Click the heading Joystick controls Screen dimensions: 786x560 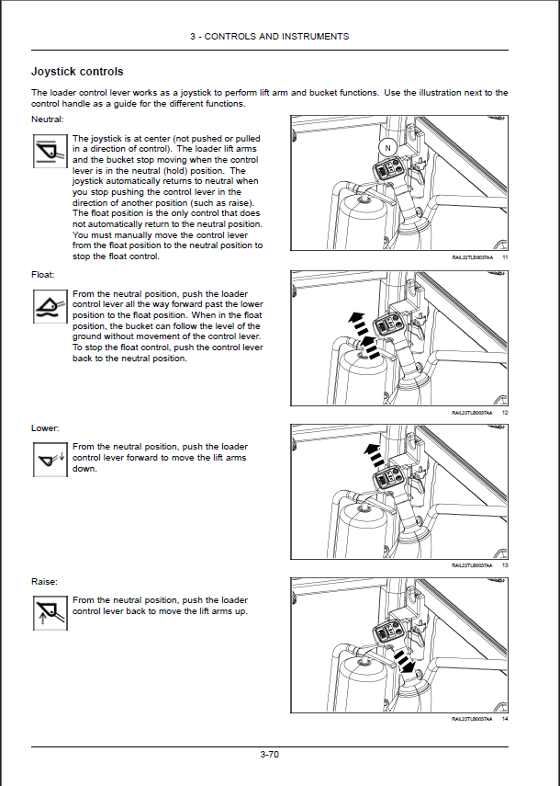pos(77,71)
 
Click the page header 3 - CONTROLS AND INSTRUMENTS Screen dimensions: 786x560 pos(269,37)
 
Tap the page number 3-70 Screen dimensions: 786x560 pos(269,755)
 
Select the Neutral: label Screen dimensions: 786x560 pos(48,120)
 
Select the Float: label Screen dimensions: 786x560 pos(44,274)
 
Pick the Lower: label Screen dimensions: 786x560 pos(46,428)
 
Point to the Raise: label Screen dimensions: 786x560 pos(45,582)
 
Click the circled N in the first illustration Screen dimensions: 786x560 pos(388,148)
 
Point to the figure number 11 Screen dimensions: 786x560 pos(505,256)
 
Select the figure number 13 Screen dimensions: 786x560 pos(505,564)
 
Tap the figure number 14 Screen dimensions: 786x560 pos(505,719)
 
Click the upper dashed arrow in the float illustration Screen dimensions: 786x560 pos(357,323)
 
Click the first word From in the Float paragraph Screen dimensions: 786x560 pos(84,293)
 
